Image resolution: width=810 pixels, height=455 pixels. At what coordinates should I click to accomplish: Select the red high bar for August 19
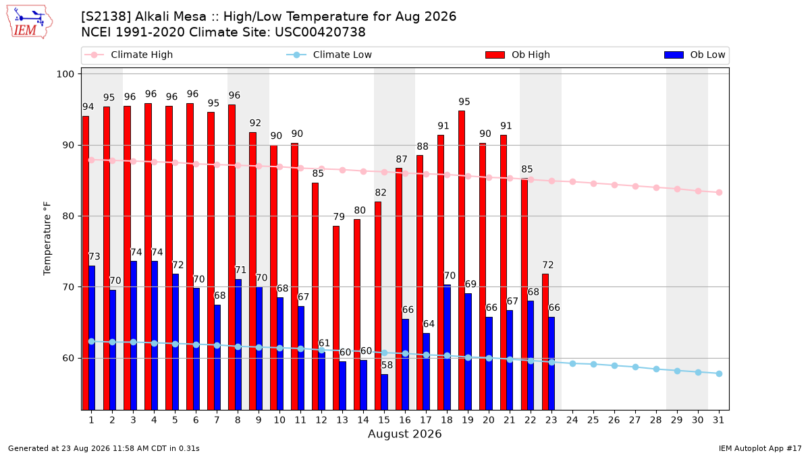[x=462, y=260]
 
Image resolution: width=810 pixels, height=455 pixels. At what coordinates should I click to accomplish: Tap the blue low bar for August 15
[x=384, y=392]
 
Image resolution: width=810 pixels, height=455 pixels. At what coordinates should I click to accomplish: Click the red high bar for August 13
[x=336, y=317]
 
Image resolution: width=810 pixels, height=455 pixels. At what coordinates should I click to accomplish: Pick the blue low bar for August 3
[x=134, y=335]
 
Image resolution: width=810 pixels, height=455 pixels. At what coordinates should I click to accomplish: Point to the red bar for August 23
[x=545, y=342]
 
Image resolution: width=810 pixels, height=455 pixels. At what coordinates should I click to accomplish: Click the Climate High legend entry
[x=129, y=55]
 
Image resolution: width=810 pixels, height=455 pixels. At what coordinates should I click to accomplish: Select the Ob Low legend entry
[x=695, y=55]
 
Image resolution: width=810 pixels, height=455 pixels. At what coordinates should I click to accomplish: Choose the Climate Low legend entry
[x=329, y=55]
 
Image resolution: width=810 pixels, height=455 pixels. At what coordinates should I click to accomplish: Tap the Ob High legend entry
[x=518, y=55]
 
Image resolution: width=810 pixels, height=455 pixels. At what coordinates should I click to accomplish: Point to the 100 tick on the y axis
[x=65, y=74]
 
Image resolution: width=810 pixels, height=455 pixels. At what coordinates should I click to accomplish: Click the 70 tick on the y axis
[x=68, y=287]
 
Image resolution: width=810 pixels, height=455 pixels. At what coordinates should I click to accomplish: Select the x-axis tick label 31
[x=718, y=421]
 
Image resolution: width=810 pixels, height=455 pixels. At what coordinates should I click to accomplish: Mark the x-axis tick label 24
[x=572, y=421]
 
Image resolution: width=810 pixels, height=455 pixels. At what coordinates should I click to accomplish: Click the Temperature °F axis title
[x=47, y=239]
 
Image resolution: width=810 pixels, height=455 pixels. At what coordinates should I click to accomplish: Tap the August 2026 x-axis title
[x=404, y=433]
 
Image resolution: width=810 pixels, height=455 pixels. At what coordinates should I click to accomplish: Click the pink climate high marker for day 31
[x=719, y=193]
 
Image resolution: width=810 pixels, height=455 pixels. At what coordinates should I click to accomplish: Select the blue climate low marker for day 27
[x=635, y=367]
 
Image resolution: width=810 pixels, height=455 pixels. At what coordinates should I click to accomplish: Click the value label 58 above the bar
[x=387, y=365]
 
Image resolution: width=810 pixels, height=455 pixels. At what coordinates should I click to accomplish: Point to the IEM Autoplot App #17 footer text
[x=760, y=448]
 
